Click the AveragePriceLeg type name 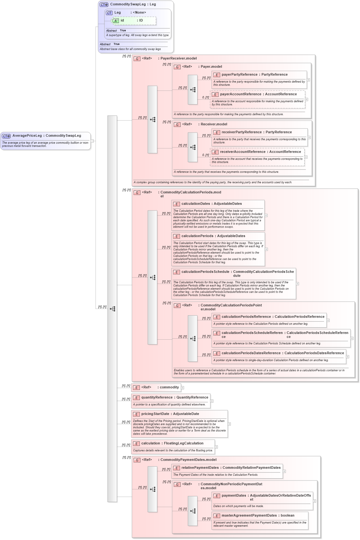27,136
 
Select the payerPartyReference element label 239,75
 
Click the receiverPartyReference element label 241,132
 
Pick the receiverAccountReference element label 243,152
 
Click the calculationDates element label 196,204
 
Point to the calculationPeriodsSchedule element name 205,272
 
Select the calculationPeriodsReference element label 246,317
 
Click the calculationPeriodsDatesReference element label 251,353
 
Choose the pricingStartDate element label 155,414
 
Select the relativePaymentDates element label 200,468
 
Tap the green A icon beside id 116,21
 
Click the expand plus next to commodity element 183,388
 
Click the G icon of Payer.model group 177,67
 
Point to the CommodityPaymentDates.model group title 188,460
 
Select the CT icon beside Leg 109,13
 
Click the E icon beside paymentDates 217,496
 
